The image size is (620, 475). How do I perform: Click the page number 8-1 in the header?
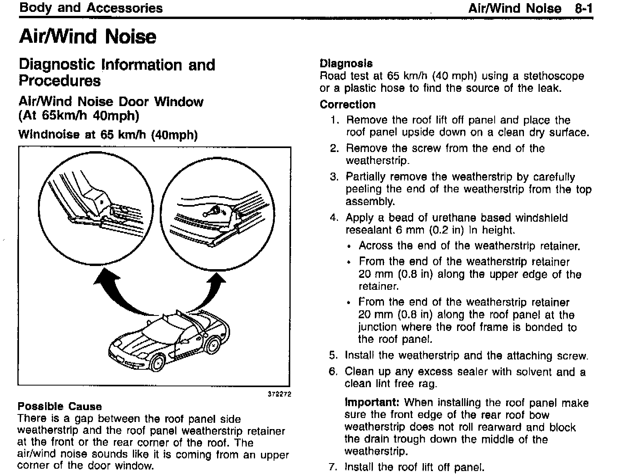584,8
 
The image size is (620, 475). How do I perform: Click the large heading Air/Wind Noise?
88,36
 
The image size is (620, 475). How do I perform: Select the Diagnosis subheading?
346,63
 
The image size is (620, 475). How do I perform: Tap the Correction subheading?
348,104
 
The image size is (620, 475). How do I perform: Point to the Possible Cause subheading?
60,407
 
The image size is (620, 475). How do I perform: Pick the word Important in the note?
372,403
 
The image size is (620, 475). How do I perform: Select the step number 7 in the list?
333,467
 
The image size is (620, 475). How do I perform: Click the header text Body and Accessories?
91,8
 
